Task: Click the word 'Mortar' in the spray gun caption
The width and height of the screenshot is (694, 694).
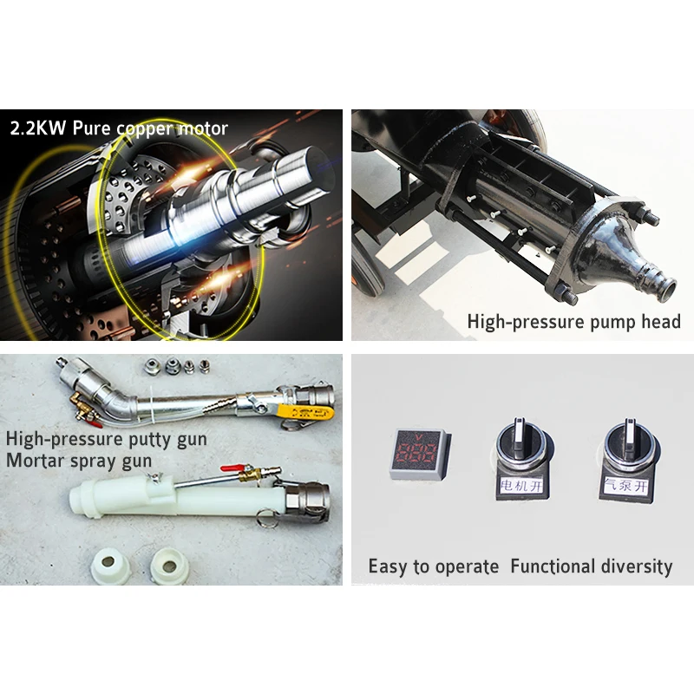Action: pyautogui.click(x=36, y=460)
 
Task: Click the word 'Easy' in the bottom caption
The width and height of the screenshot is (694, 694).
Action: pyautogui.click(x=387, y=567)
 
